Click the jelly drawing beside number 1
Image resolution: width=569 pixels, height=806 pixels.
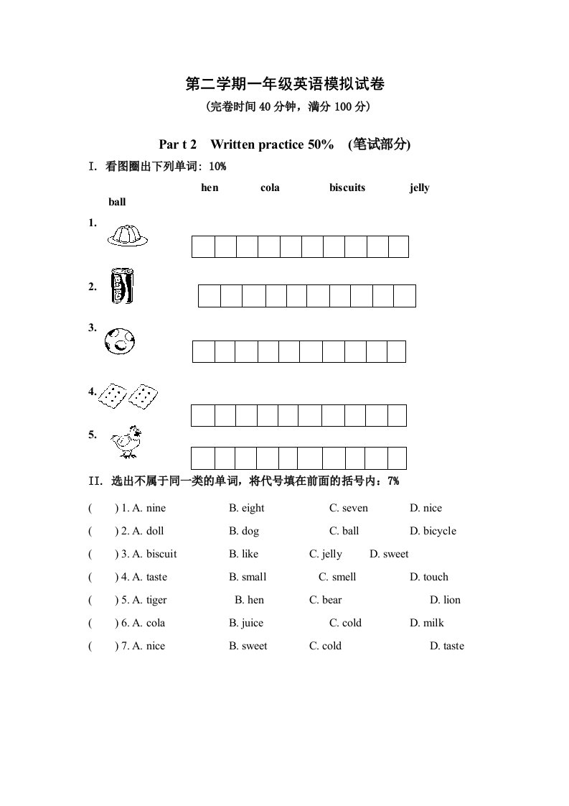(128, 235)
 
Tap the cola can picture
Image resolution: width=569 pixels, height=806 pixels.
(122, 286)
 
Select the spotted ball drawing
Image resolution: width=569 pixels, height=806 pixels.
(120, 340)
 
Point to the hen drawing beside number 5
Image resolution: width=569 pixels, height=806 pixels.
(126, 441)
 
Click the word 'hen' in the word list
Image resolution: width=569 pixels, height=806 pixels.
(210, 187)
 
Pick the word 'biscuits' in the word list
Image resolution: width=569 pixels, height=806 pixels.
(347, 187)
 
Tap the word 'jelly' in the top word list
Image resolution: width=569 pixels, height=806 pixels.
(420, 187)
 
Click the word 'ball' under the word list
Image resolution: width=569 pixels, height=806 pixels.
(117, 202)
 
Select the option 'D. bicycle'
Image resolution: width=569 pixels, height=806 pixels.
(433, 531)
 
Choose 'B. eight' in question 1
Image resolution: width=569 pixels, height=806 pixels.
(246, 508)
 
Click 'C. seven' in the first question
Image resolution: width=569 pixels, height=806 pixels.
(348, 508)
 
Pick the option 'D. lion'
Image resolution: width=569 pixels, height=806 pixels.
(445, 600)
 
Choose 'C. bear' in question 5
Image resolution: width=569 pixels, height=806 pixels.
(325, 600)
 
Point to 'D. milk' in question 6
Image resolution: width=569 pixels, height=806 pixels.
(427, 623)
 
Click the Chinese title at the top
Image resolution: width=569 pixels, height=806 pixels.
(285, 85)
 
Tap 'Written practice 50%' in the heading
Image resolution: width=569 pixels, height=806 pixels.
(272, 144)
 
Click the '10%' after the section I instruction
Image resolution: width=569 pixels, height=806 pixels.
(217, 167)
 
